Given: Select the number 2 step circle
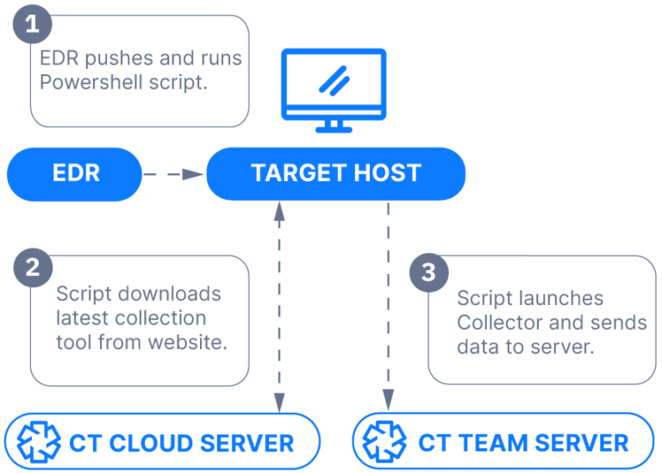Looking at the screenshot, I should point(33,267).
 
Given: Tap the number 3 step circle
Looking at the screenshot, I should point(428,273).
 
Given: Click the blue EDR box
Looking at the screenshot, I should point(75,173).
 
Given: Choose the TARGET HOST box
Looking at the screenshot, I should point(335,173).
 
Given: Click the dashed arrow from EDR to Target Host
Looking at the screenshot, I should point(173,174).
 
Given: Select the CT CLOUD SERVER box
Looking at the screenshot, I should point(163,444).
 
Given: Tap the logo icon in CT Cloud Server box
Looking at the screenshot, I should point(40,444).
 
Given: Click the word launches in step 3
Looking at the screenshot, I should point(559,298).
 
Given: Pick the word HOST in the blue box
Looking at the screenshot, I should point(382,173).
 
